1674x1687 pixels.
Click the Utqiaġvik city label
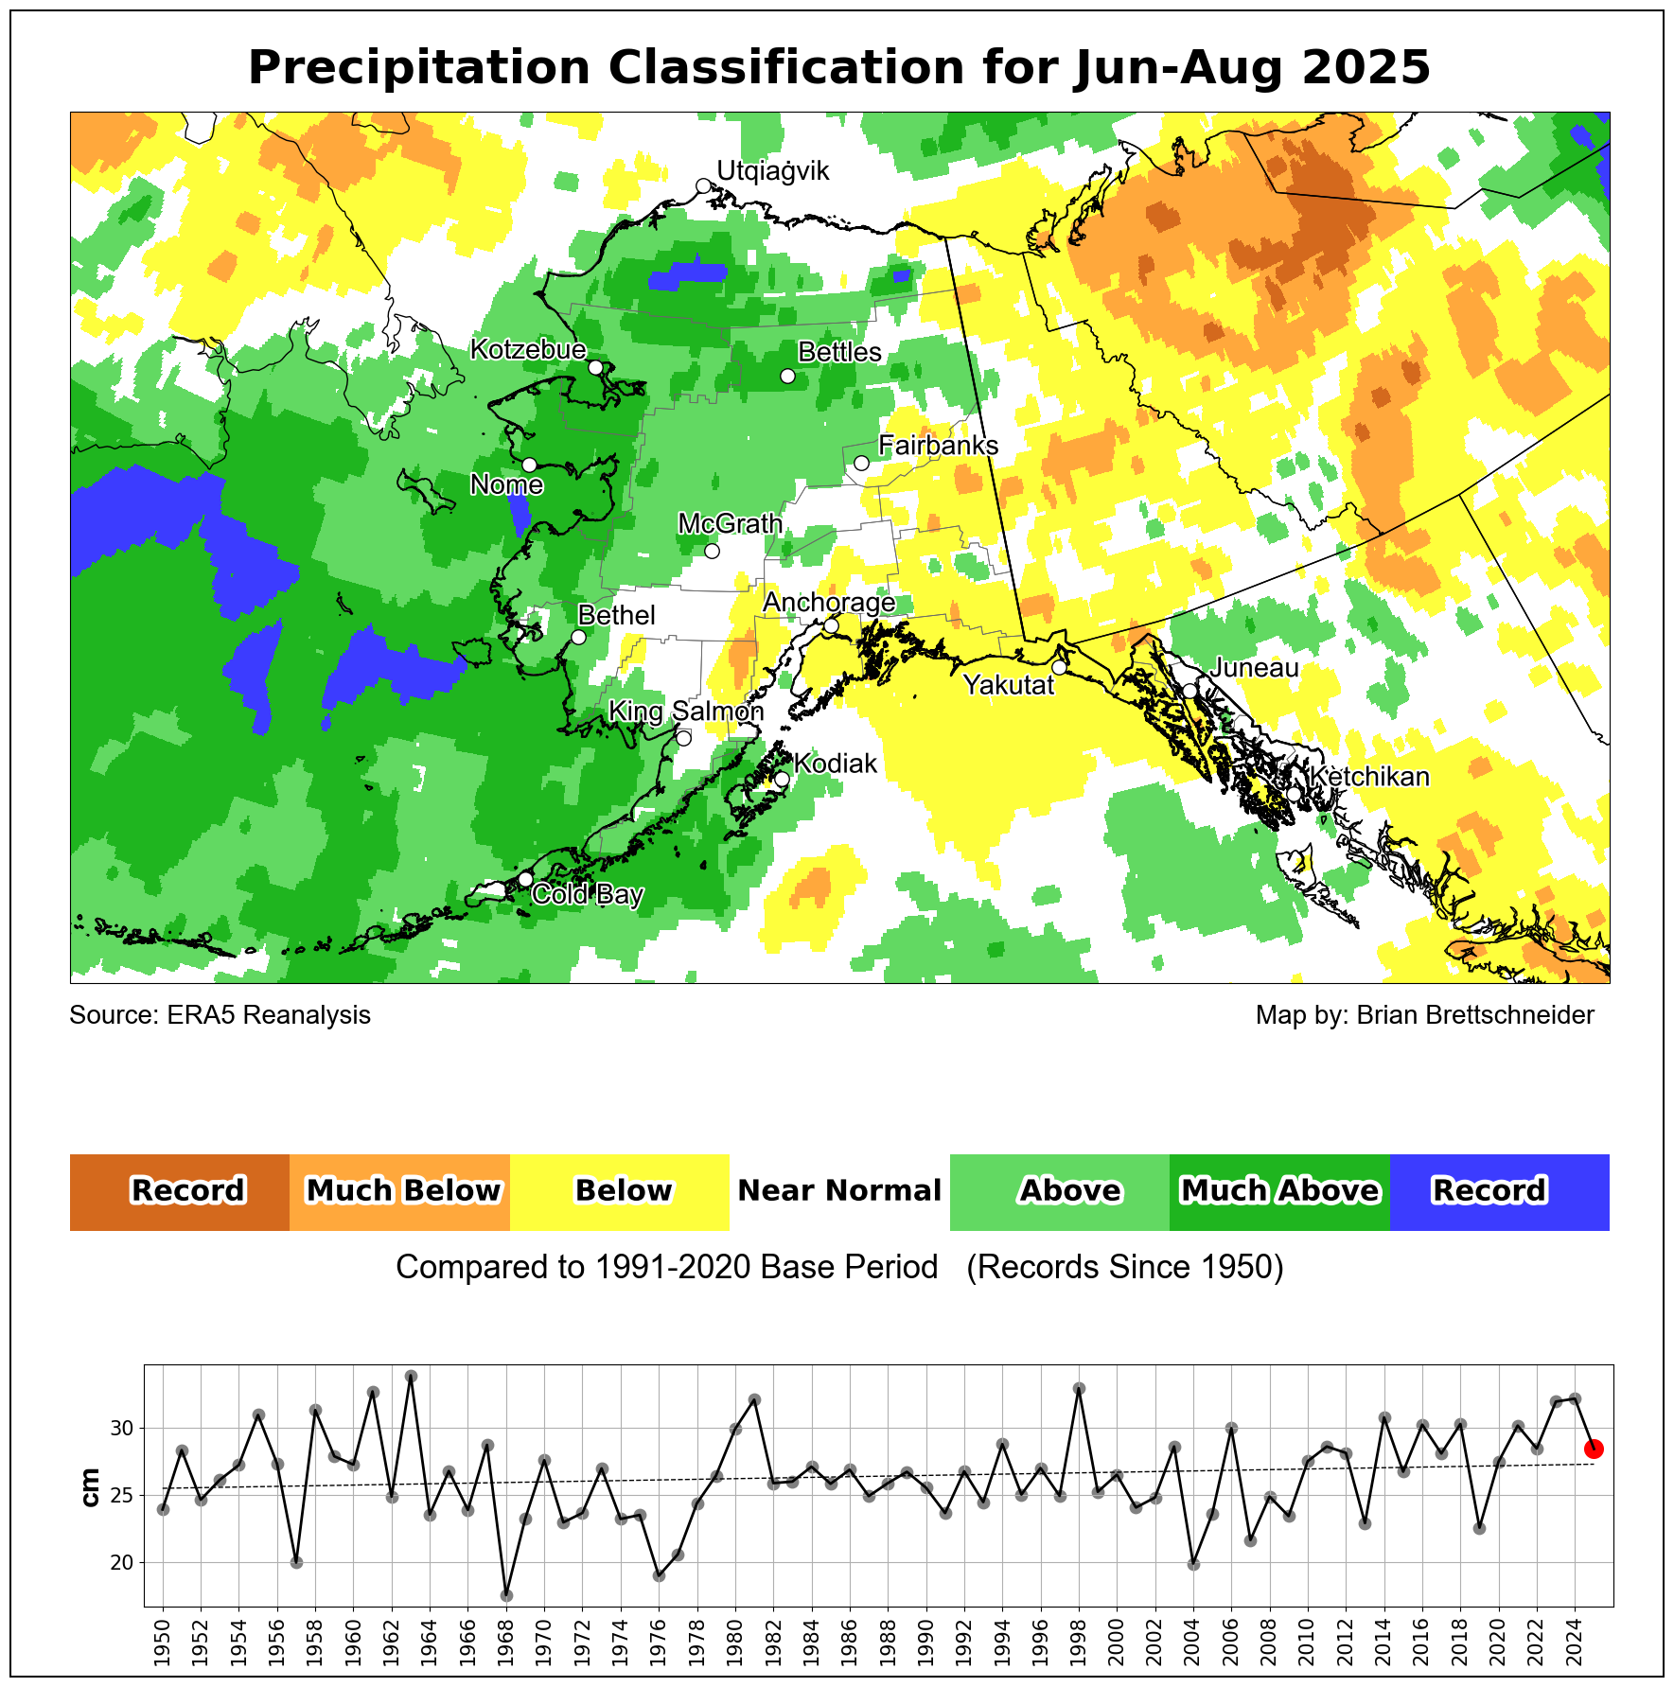[772, 171]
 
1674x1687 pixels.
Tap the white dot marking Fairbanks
[861, 463]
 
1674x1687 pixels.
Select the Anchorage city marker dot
[831, 625]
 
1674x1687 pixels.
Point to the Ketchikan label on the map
[1368, 777]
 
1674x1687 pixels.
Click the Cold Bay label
[588, 894]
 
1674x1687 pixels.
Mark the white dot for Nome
[529, 465]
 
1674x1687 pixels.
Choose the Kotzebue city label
[528, 350]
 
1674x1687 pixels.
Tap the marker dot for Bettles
[787, 376]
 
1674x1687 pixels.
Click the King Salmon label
[685, 712]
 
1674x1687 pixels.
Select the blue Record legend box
[1499, 1191]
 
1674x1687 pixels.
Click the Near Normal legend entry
[839, 1191]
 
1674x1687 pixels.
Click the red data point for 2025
[1594, 1449]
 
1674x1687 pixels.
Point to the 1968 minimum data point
[506, 1595]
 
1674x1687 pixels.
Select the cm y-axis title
[91, 1487]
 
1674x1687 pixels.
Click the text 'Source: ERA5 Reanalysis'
[220, 1015]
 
